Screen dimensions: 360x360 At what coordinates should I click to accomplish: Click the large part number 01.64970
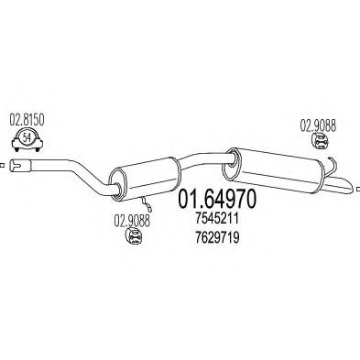pos(217,200)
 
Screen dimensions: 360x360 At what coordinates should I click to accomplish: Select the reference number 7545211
pos(217,219)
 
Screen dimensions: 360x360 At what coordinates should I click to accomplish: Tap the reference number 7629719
pos(217,237)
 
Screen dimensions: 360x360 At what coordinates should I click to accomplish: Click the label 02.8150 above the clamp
pos(27,120)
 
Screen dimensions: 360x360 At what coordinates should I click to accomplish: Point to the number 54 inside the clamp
pos(27,137)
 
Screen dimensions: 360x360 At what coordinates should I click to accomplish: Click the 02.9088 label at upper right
pos(318,125)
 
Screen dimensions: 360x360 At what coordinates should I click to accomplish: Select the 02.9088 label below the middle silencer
pos(132,221)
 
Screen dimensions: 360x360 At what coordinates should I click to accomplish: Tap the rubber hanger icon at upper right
pos(320,142)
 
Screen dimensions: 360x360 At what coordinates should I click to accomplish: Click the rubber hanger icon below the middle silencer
pos(134,236)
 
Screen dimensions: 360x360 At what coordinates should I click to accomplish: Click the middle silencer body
pos(146,179)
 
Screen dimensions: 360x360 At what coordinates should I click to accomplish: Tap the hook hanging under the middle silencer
pos(146,204)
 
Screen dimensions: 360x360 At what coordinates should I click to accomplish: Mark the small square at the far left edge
pos(2,166)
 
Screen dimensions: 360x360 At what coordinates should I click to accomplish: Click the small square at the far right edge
pos(358,189)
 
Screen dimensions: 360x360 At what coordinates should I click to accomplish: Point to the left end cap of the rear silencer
pos(232,164)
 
